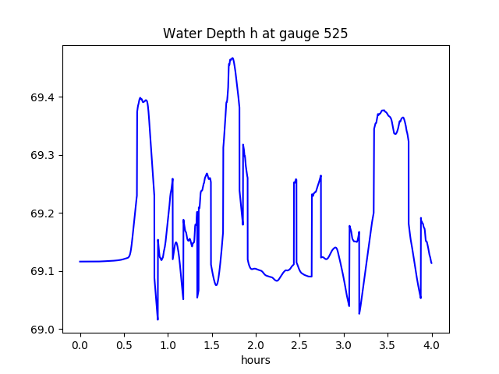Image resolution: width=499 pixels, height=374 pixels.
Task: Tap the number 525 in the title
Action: tap(337, 34)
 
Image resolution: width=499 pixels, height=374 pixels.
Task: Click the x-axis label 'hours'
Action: tap(255, 361)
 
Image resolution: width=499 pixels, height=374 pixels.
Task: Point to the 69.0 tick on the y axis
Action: tap(44, 330)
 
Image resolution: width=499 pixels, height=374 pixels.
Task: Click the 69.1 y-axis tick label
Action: tap(44, 271)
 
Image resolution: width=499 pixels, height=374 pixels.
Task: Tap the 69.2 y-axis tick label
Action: tap(44, 213)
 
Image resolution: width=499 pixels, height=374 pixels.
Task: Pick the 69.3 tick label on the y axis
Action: tap(44, 156)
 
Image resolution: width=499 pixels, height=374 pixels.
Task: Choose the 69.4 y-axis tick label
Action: tap(44, 97)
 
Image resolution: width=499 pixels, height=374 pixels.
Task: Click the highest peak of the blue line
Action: tap(232, 58)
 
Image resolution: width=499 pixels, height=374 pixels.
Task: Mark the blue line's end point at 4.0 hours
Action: tap(431, 263)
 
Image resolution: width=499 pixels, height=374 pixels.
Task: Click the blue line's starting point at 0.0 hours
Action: tap(80, 261)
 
